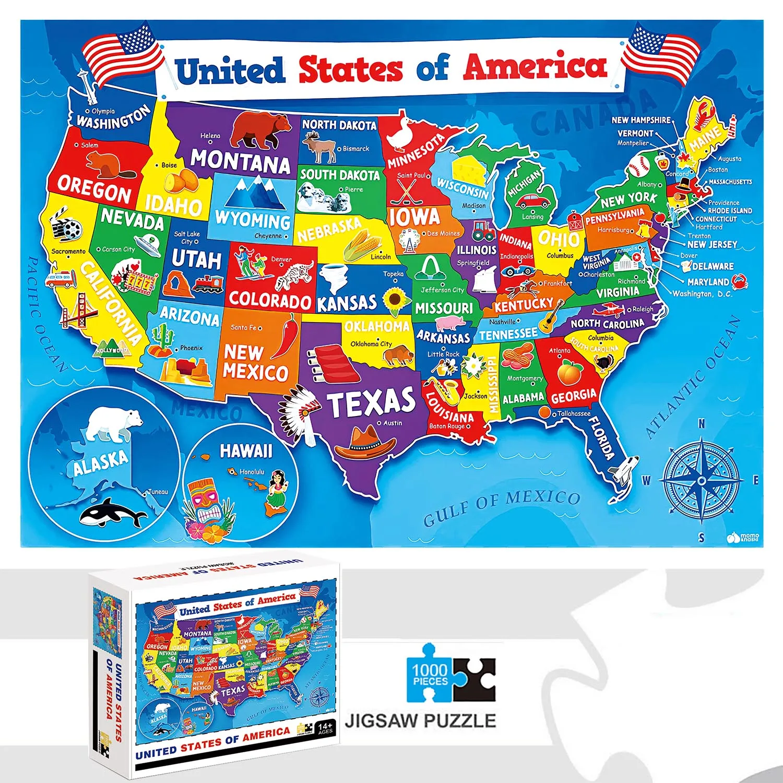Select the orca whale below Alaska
pyautogui.click(x=112, y=513)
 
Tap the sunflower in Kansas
pyautogui.click(x=395, y=301)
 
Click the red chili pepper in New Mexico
pyautogui.click(x=287, y=336)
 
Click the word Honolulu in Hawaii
pyautogui.click(x=252, y=472)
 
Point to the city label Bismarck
pyautogui.click(x=356, y=149)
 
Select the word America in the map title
pyautogui.click(x=535, y=66)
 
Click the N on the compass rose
pyautogui.click(x=702, y=424)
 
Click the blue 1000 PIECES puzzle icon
pyautogui.click(x=430, y=673)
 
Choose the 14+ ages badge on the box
pyautogui.click(x=325, y=728)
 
